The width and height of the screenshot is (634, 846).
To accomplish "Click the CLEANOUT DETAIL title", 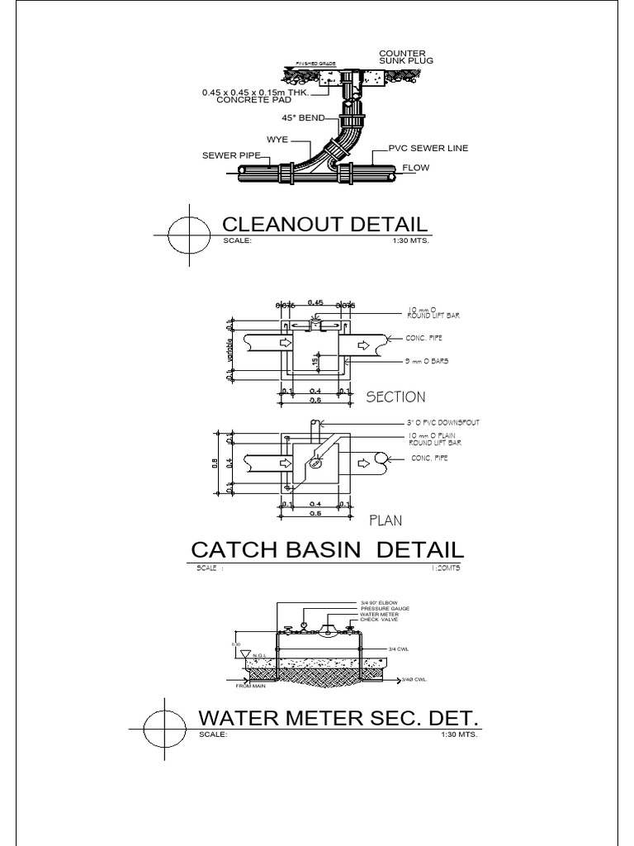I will coord(325,224).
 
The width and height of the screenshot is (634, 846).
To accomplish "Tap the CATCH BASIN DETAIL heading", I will coord(328,549).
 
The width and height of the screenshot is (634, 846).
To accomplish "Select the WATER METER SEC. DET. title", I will coord(339,715).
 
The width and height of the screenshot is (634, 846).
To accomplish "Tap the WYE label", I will coord(277,140).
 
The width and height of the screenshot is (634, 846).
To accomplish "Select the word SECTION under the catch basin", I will coord(395,397).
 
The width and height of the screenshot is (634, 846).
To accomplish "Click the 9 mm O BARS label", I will coord(428,362).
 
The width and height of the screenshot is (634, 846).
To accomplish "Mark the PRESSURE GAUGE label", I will coord(385,608).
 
